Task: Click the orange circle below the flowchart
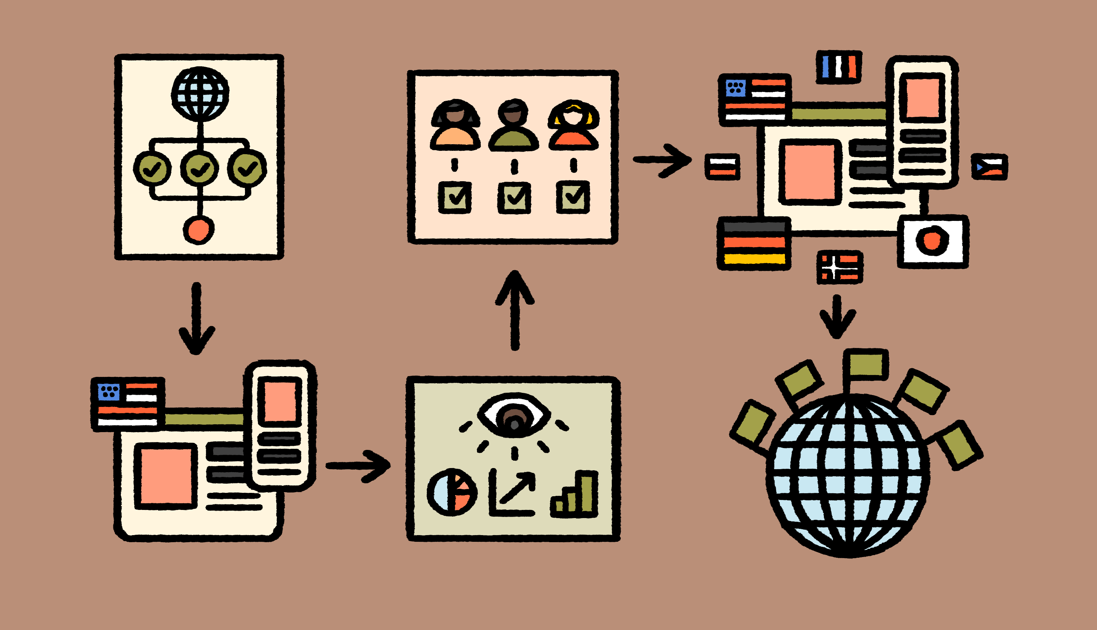pyautogui.click(x=199, y=230)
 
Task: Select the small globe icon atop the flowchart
pyautogui.click(x=200, y=94)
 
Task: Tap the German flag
pyautogui.click(x=754, y=243)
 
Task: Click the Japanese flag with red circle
pyautogui.click(x=932, y=241)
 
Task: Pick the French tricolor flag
pyautogui.click(x=839, y=67)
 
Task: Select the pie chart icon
pyautogui.click(x=452, y=492)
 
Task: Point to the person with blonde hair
pyautogui.click(x=574, y=126)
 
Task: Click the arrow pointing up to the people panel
pyautogui.click(x=515, y=309)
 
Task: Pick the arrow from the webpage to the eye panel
pyautogui.click(x=358, y=466)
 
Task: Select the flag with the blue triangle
pyautogui.click(x=989, y=167)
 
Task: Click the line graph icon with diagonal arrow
pyautogui.click(x=513, y=493)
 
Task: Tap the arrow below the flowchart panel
pyautogui.click(x=197, y=318)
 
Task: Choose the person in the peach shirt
pyautogui.click(x=455, y=126)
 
